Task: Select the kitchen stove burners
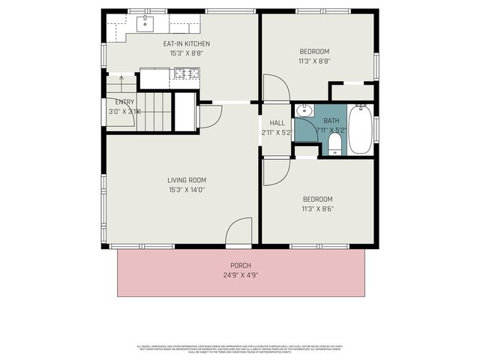[187, 73]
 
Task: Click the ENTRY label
[124, 101]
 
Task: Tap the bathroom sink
[304, 112]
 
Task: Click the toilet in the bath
[334, 144]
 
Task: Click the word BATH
[331, 121]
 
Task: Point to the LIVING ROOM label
[186, 180]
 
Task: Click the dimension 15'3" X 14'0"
[186, 190]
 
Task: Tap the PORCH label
[241, 265]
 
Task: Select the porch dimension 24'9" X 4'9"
[241, 275]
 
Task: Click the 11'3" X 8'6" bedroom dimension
[317, 208]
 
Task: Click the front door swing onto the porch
[239, 231]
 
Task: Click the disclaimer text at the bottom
[240, 349]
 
